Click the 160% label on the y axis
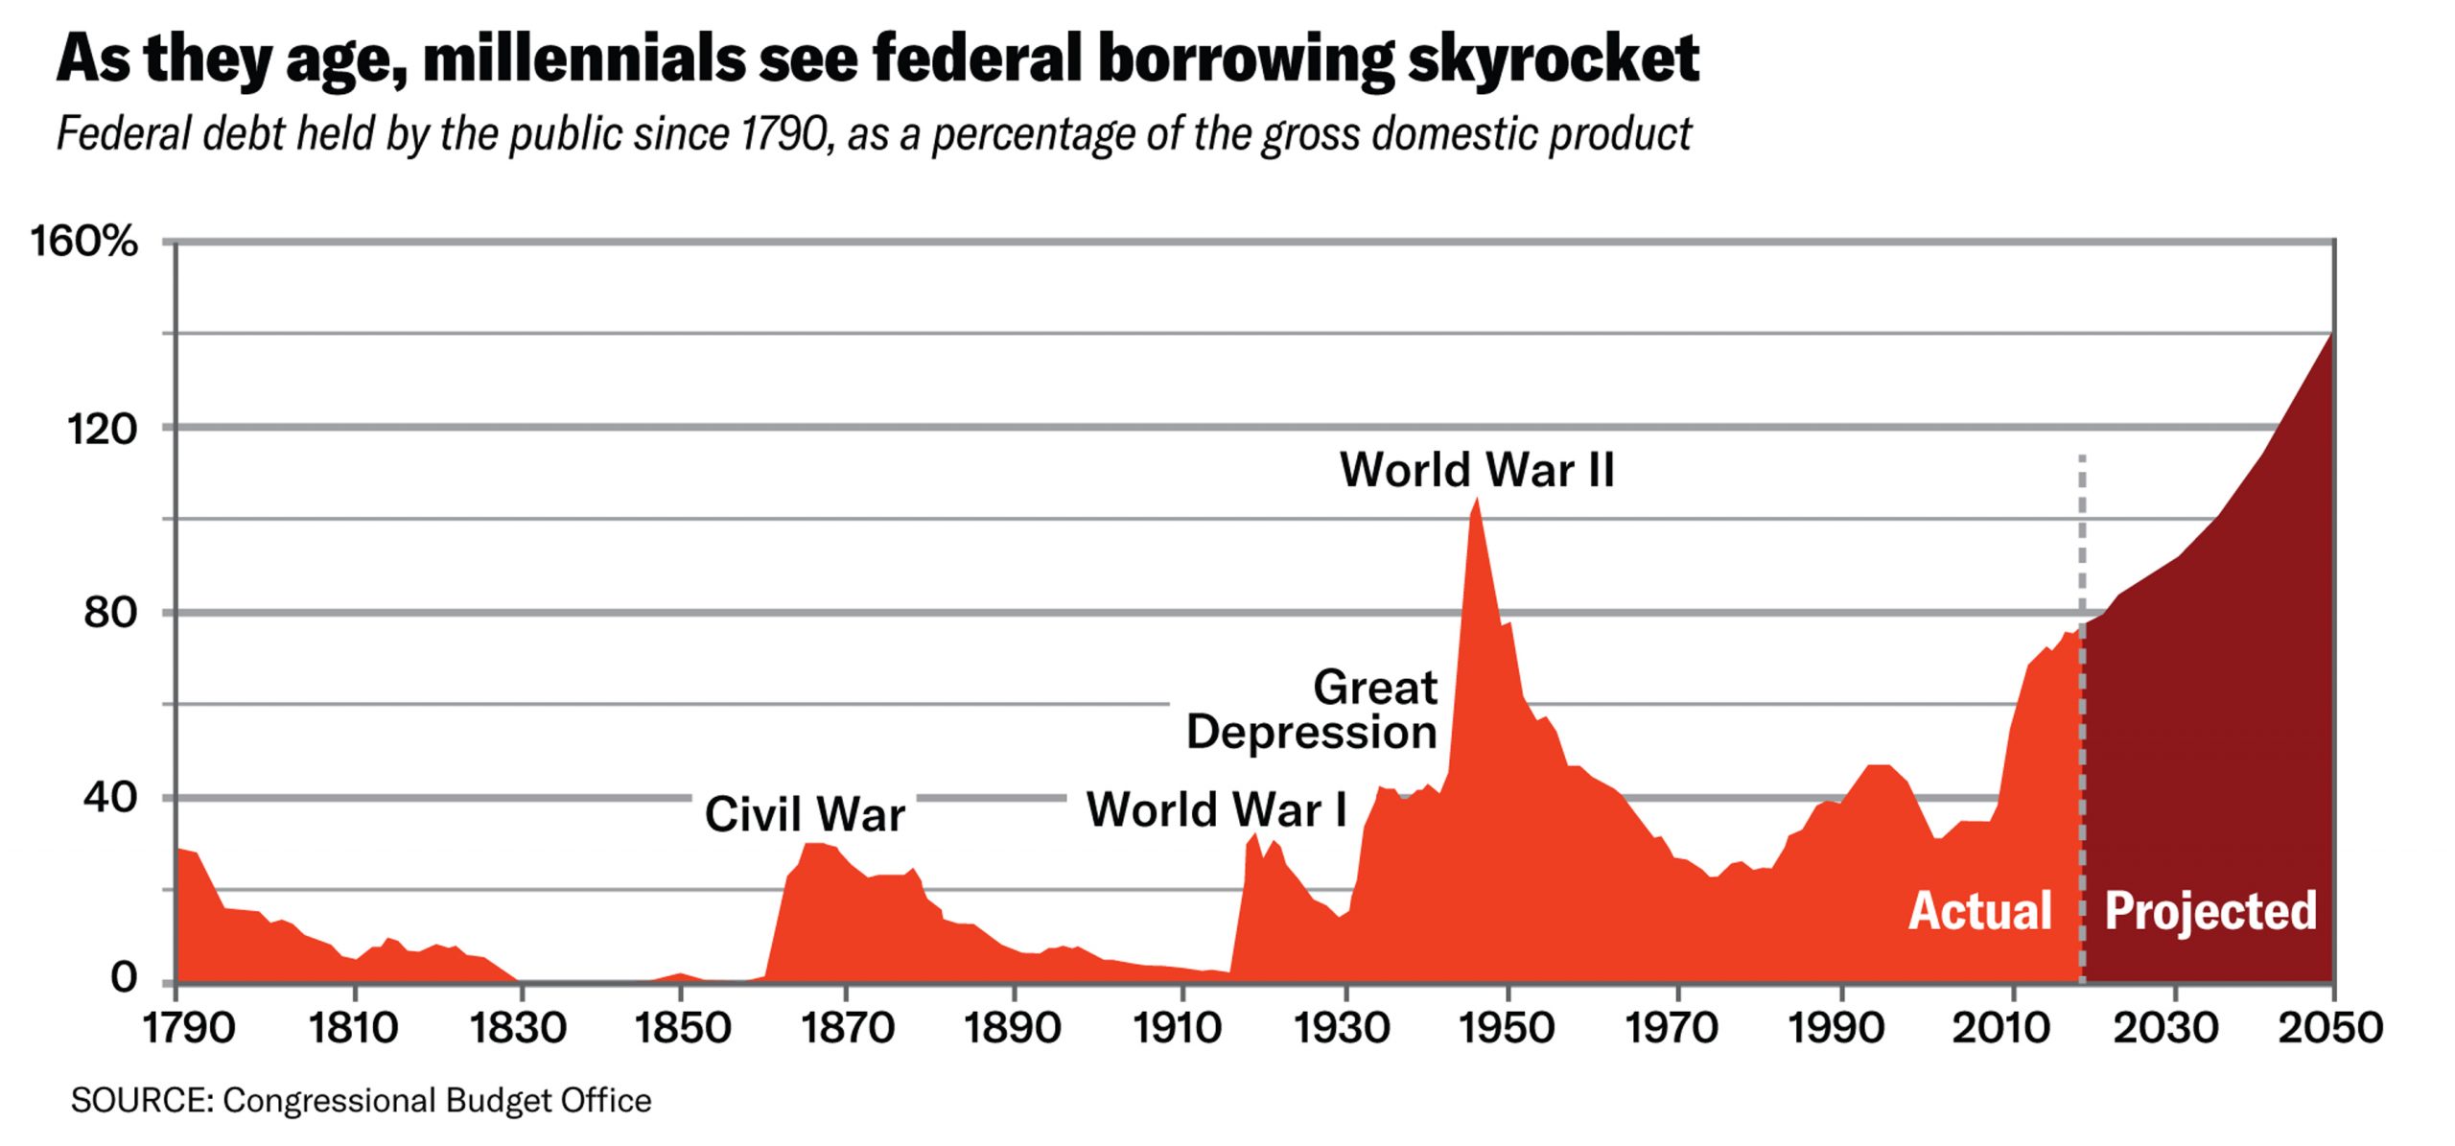(x=84, y=241)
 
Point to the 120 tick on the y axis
(x=102, y=428)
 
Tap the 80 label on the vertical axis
(x=110, y=612)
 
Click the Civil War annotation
(x=805, y=814)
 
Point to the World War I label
(x=1217, y=809)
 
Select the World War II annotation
(x=1477, y=470)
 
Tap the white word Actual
(x=1980, y=910)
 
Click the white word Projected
(x=2210, y=910)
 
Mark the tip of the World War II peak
(x=1477, y=500)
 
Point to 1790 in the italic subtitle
(x=783, y=133)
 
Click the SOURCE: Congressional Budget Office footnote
(x=361, y=1100)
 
